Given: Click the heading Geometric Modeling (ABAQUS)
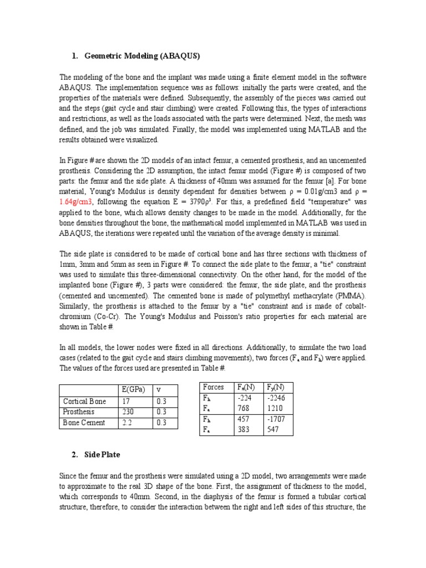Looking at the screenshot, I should [143, 56].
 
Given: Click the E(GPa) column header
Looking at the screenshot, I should [132, 389].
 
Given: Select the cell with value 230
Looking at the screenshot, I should [127, 412].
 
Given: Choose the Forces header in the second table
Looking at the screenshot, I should [214, 387].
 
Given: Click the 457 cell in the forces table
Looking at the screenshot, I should [244, 419].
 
